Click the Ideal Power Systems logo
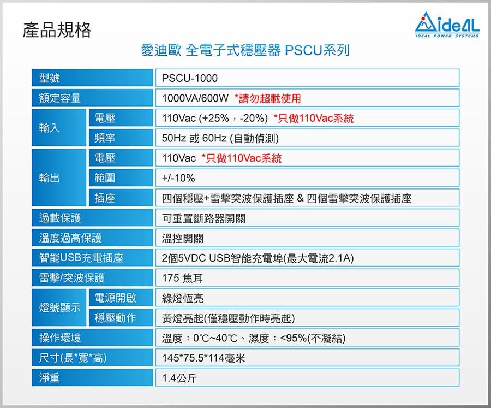point(447,25)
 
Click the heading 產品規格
point(57,30)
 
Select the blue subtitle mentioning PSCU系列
point(245,50)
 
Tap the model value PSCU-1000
point(190,78)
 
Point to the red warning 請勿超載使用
point(268,98)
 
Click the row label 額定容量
point(60,98)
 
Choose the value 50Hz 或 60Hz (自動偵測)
point(220,138)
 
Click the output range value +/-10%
point(178,178)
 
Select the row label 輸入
point(49,128)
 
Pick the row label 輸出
point(49,178)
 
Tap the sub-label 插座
point(105,198)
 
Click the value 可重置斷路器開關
point(203,218)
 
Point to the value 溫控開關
point(183,238)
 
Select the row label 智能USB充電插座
point(81,258)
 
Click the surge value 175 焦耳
point(182,278)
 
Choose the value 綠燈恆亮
point(183,298)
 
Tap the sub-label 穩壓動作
point(115,318)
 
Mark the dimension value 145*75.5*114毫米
point(203,358)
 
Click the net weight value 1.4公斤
point(179,378)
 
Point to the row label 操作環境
point(60,338)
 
